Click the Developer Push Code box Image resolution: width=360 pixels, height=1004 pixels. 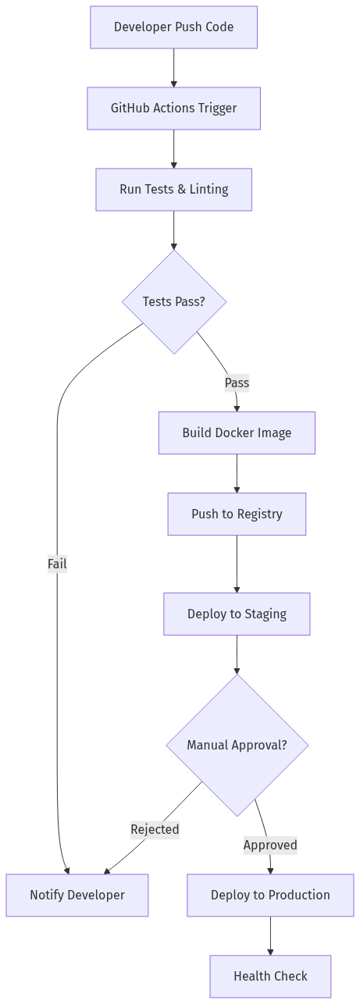tap(173, 27)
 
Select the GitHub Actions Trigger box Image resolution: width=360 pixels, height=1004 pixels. tap(173, 108)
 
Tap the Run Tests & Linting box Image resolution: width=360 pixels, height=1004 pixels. tap(173, 189)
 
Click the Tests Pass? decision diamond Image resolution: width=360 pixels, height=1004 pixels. tap(173, 301)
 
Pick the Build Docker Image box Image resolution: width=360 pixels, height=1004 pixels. tap(237, 433)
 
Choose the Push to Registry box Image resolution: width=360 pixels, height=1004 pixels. tap(237, 514)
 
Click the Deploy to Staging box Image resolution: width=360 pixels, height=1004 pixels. tap(237, 614)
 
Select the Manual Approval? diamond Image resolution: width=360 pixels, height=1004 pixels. tap(237, 745)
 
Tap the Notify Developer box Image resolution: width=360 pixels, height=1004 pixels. tap(77, 895)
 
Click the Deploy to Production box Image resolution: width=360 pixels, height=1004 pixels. tap(270, 895)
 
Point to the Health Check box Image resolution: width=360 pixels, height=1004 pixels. tap(270, 976)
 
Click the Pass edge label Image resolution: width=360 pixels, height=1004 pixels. tap(237, 383)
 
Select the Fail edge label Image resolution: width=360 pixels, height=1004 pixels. tap(57, 564)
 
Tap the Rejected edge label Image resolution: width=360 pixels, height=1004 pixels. tap(155, 829)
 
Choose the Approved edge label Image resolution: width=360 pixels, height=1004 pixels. tap(270, 845)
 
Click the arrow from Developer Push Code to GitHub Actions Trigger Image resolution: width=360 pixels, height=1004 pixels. tap(173, 68)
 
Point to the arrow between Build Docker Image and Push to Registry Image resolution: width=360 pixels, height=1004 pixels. tap(237, 473)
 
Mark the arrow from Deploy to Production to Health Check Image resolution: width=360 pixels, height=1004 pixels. tap(270, 935)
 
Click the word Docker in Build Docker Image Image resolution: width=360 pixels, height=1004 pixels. tap(237, 433)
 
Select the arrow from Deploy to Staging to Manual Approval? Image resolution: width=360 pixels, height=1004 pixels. tap(237, 654)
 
